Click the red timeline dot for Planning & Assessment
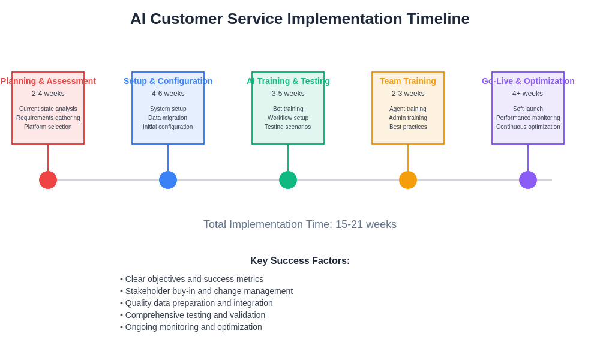[x=48, y=180]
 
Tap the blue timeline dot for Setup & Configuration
[x=168, y=180]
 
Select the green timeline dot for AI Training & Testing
[x=288, y=180]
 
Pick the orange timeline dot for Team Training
[x=408, y=180]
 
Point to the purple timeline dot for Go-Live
[x=528, y=180]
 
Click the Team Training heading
[x=408, y=81]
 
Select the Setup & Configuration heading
[x=168, y=81]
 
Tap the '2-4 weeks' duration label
[x=48, y=94]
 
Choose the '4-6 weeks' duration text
[x=168, y=94]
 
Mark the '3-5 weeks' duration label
[x=288, y=94]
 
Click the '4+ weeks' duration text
[x=528, y=94]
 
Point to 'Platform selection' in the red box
[x=48, y=127]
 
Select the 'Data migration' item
[x=168, y=118]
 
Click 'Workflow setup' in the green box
[x=288, y=118]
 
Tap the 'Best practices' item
[x=408, y=127]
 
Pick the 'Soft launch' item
[x=528, y=109]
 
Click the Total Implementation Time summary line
[x=300, y=224]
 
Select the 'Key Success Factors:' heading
[x=300, y=261]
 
